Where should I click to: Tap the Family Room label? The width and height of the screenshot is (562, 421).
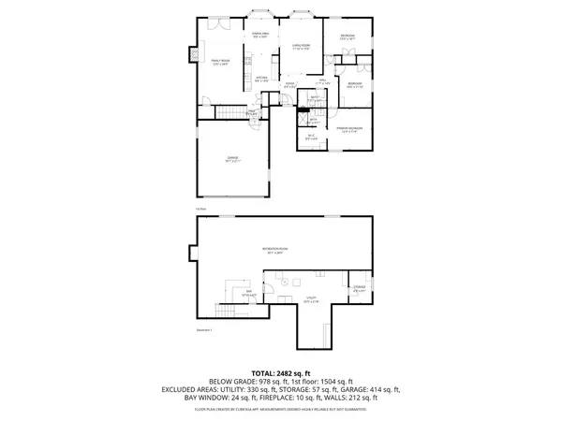[x=220, y=62]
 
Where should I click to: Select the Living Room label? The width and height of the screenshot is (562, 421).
[x=300, y=47]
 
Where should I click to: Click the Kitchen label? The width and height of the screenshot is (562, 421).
[x=263, y=80]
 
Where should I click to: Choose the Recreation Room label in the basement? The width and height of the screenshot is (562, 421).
[x=276, y=249]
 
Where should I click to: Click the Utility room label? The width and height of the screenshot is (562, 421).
[x=311, y=300]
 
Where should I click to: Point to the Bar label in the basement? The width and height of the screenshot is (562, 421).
[x=250, y=294]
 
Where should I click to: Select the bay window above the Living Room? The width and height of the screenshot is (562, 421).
[x=302, y=14]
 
